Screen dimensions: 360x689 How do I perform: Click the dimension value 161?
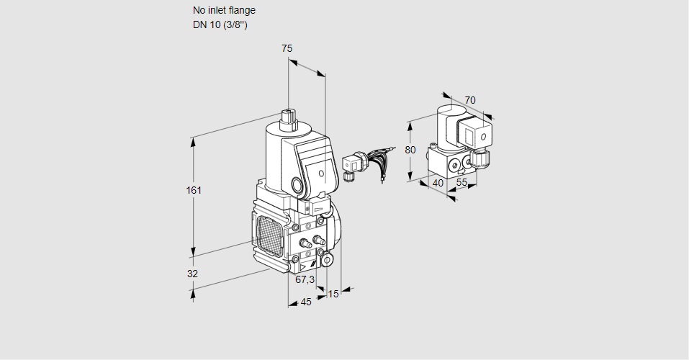point(194,191)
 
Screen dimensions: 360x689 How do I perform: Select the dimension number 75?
point(287,48)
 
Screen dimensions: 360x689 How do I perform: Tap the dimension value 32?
point(192,274)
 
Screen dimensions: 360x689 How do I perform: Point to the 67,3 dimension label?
point(305,279)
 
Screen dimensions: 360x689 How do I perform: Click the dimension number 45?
point(306,302)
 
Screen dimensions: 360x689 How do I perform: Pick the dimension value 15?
point(333,294)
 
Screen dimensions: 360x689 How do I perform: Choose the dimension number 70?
point(470,100)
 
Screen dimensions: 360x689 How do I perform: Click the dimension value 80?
point(410,150)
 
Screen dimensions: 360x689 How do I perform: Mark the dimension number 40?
point(437,183)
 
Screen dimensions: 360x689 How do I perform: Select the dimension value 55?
point(461,183)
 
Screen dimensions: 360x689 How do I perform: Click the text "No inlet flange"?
point(224,11)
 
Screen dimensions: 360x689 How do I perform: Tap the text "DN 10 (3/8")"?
point(220,25)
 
